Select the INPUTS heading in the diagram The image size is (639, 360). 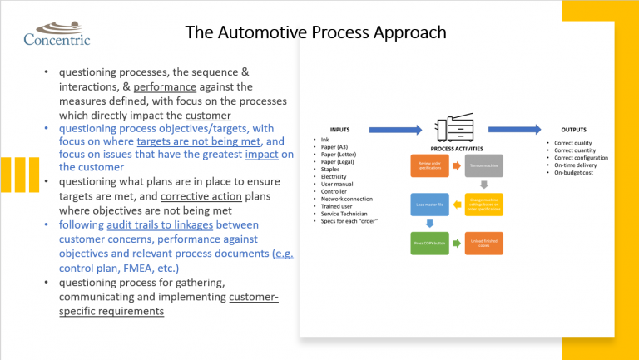pos(339,130)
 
